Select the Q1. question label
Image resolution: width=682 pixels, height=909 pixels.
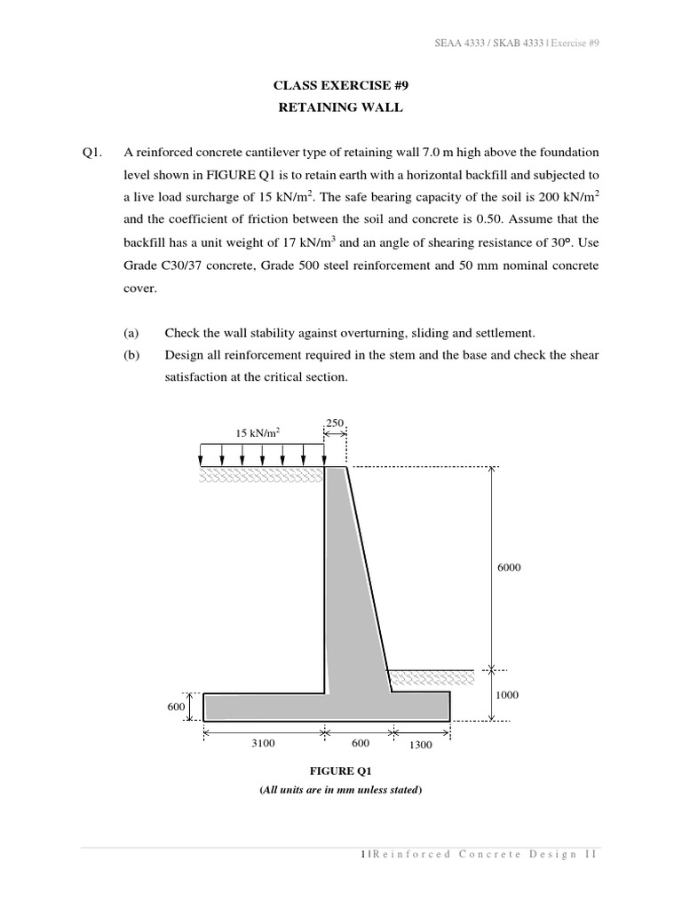click(91, 151)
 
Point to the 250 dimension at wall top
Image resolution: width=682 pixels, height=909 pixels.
click(336, 423)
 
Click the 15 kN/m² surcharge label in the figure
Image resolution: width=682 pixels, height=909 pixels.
click(258, 432)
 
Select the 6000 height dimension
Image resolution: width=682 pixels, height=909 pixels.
click(508, 567)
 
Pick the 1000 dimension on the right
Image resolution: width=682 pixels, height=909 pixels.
click(506, 696)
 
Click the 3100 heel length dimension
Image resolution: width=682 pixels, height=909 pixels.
click(264, 744)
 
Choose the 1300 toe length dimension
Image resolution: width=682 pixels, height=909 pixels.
click(420, 745)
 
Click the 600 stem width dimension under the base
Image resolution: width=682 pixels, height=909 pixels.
click(361, 744)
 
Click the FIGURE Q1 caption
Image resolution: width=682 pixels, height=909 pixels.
click(340, 771)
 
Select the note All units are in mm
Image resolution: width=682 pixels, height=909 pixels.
click(340, 789)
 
